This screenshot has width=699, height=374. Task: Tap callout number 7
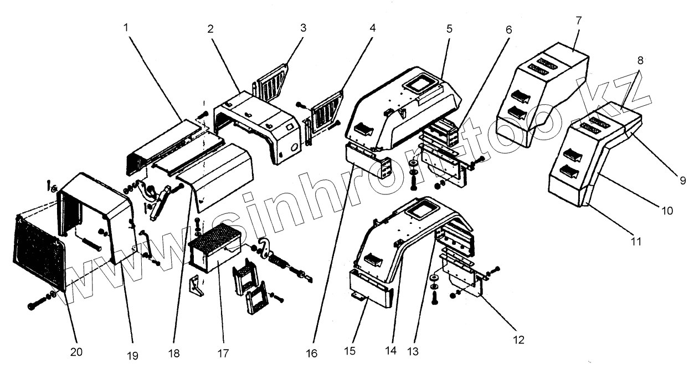(578, 21)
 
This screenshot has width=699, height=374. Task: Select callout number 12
(519, 339)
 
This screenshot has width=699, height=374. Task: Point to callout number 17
(224, 353)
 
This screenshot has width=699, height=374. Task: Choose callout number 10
(666, 211)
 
